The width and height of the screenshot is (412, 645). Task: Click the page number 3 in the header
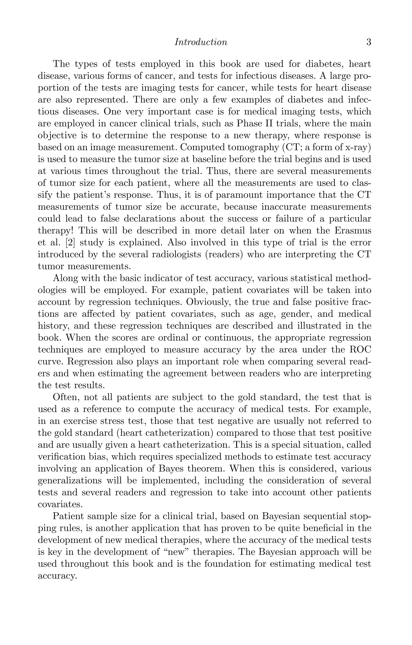tap(369, 42)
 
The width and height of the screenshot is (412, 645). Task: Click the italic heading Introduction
tap(201, 42)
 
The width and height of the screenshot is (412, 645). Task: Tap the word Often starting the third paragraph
tap(66, 397)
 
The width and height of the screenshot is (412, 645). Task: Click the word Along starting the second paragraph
tap(65, 278)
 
